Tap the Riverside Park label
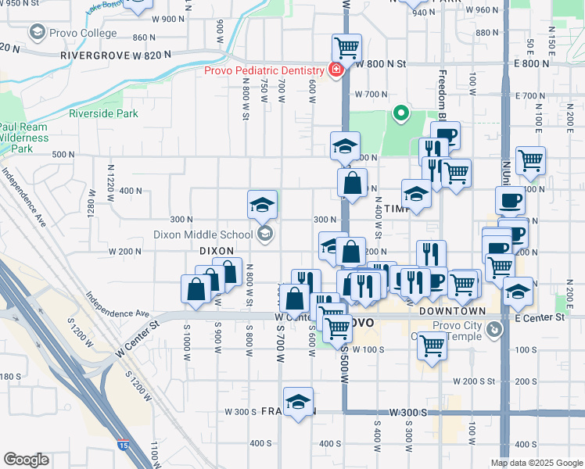(103, 114)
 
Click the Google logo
(26, 460)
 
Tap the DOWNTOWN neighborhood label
(447, 311)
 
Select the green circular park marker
(401, 114)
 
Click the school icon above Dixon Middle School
(263, 205)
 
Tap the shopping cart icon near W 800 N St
(346, 47)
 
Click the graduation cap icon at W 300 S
(298, 403)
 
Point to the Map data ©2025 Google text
(537, 463)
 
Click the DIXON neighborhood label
(217, 251)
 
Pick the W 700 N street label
(371, 94)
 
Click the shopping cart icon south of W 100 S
(431, 345)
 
